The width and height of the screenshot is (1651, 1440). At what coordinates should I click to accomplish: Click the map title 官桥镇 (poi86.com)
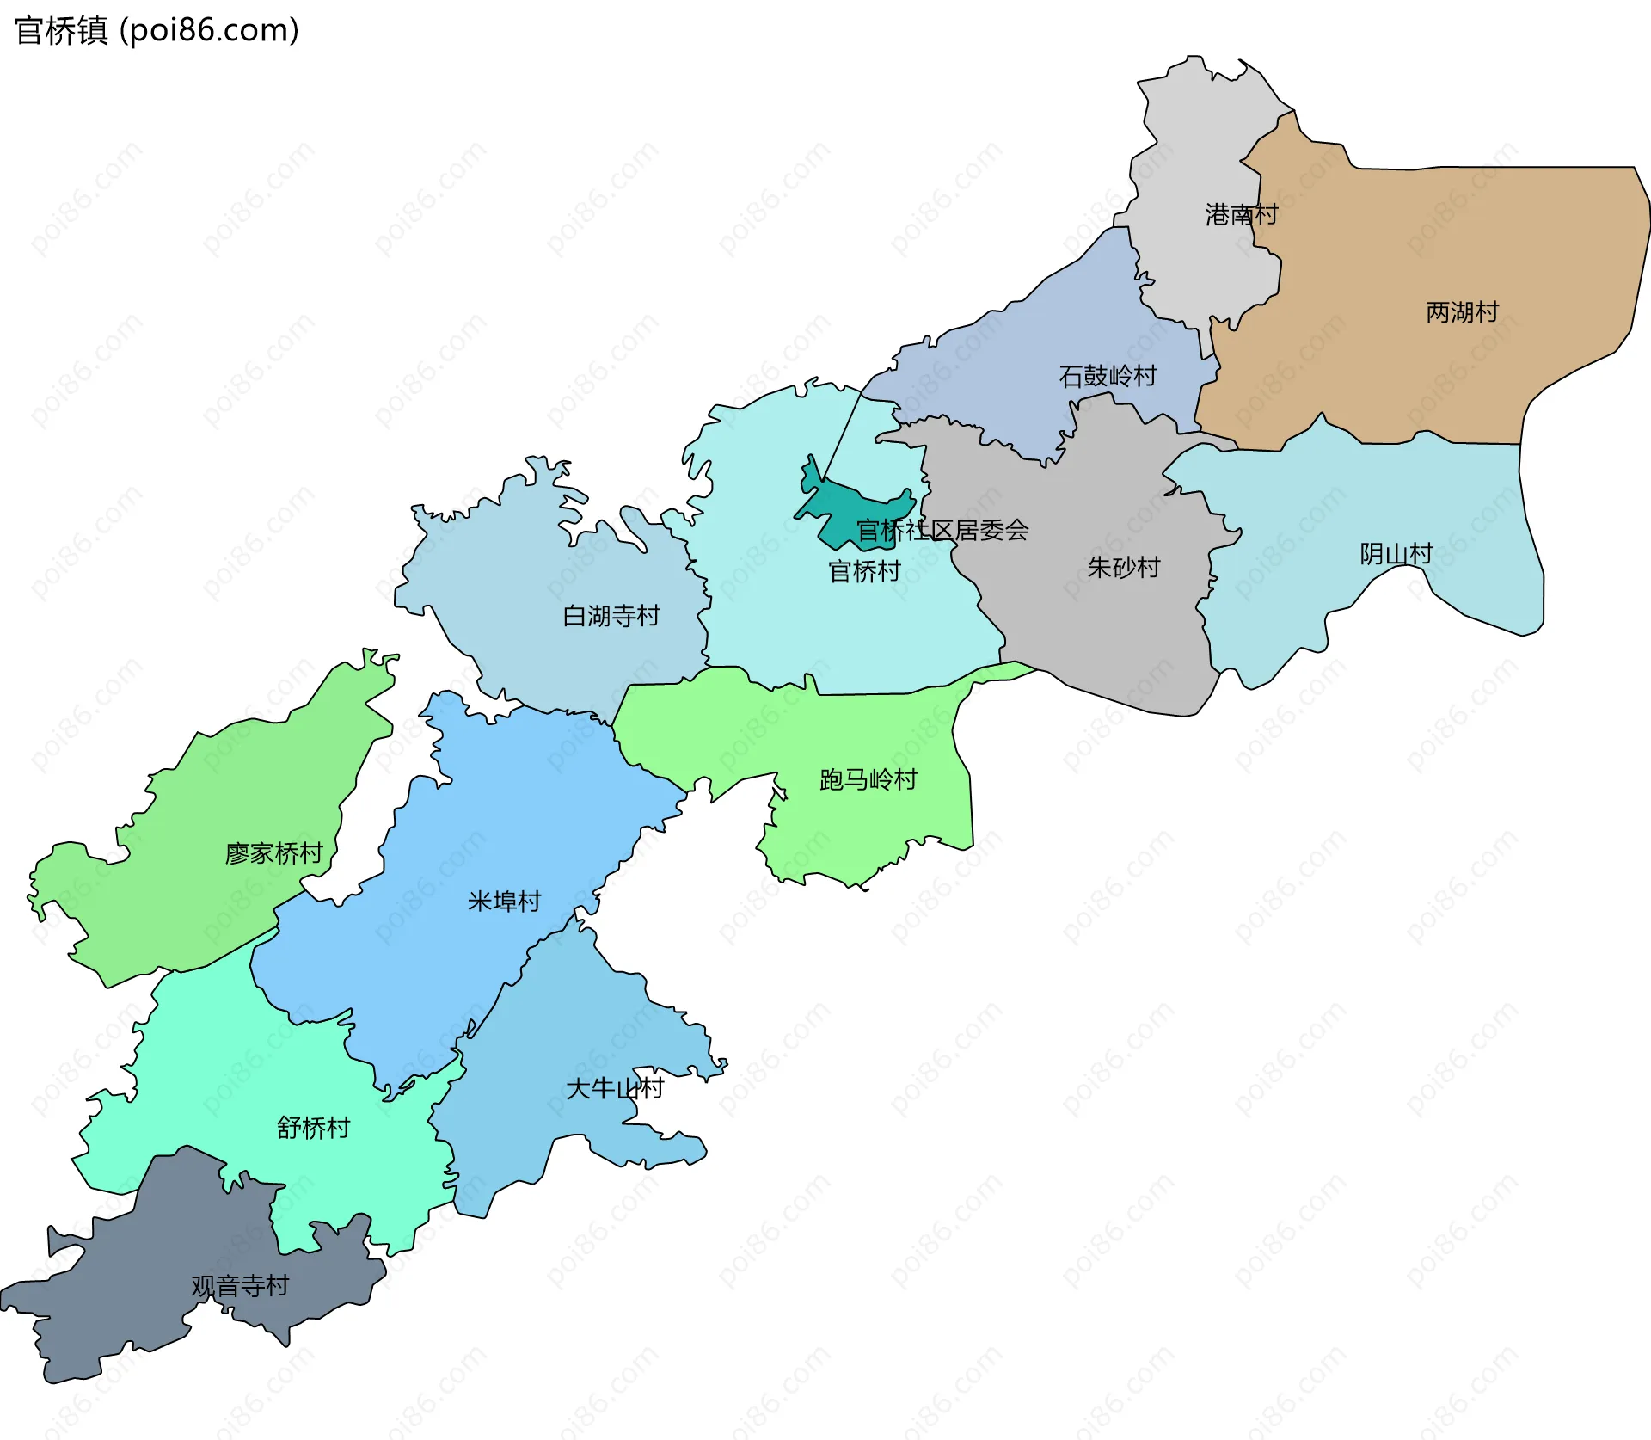click(157, 31)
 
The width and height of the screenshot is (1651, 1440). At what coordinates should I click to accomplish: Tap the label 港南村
click(1241, 214)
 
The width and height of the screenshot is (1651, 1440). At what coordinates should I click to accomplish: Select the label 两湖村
click(1462, 311)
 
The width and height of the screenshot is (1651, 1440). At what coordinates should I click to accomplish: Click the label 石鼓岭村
click(1108, 376)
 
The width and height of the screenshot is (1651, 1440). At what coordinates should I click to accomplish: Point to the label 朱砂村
click(1123, 567)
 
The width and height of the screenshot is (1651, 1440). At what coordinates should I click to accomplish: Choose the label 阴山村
click(1396, 553)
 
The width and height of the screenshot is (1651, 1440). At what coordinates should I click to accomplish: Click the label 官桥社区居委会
click(942, 530)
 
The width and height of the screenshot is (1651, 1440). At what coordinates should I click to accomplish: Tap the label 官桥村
click(863, 571)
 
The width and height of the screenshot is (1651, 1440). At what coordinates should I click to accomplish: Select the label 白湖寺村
click(611, 616)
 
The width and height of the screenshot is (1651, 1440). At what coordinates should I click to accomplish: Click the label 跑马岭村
click(868, 779)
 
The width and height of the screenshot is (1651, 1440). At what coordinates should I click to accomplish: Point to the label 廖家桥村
click(273, 853)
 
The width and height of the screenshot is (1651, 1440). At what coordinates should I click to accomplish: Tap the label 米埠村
click(504, 902)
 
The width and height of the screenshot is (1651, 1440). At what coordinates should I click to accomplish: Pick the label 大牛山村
click(614, 1088)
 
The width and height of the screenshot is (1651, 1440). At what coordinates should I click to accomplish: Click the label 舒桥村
click(313, 1128)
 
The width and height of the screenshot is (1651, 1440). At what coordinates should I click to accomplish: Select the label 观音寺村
click(240, 1286)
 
